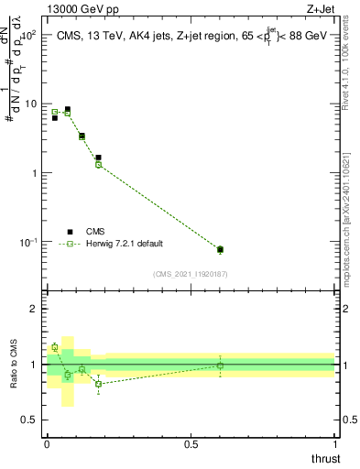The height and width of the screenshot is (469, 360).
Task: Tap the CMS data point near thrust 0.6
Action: [x=220, y=249]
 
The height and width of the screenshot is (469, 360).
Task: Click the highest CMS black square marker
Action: [x=67, y=109]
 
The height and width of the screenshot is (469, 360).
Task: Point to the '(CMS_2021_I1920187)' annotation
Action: [x=191, y=274]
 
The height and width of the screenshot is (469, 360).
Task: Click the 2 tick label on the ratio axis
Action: [x=34, y=309]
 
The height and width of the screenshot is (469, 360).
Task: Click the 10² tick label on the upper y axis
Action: [x=27, y=34]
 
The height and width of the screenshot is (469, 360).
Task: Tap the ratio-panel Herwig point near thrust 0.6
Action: [x=220, y=365]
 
